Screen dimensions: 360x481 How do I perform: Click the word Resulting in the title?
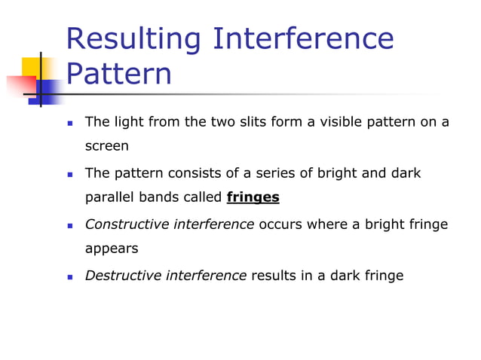tap(133, 39)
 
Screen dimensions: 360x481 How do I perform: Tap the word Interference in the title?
tap(303, 39)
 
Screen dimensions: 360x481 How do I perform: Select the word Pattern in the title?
tap(118, 75)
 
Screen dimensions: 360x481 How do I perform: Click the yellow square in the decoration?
tap(31, 69)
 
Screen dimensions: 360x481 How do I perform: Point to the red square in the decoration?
tap(20, 87)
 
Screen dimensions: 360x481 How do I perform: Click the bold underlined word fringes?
tap(253, 198)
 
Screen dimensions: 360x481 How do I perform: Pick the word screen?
tap(106, 146)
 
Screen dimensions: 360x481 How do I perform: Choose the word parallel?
tap(109, 198)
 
